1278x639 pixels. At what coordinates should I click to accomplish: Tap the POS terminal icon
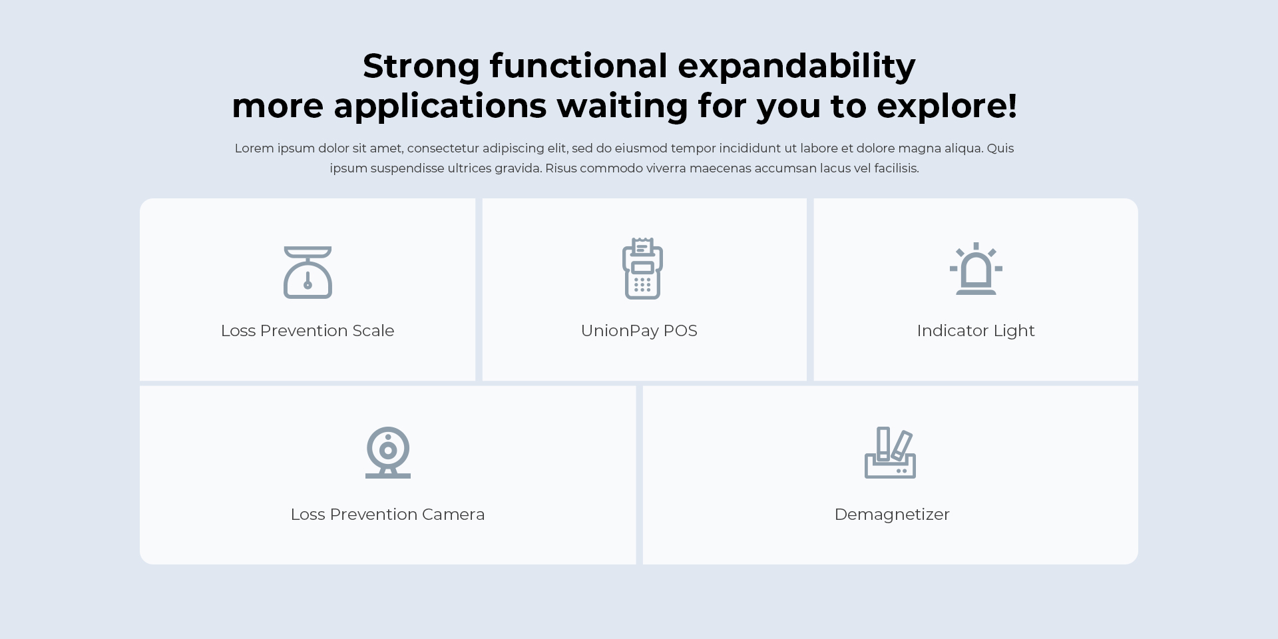point(642,268)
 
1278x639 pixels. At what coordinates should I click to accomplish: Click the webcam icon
point(388,451)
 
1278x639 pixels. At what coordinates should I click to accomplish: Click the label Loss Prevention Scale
point(308,331)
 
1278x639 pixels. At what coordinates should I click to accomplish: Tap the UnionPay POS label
point(639,331)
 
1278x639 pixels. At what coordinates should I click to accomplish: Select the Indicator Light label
point(976,331)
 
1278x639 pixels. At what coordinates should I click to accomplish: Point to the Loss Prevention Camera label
point(387,515)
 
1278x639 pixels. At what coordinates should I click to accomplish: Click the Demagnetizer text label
point(892,515)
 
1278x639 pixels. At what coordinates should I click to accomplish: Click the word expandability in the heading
point(797,67)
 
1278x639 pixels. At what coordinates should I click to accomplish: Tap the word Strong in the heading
point(421,67)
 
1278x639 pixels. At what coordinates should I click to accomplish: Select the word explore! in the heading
point(947,106)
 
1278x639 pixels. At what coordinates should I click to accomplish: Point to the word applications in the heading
point(440,106)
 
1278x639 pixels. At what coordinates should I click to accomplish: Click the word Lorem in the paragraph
point(254,148)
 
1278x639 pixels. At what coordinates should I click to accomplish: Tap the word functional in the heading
point(578,67)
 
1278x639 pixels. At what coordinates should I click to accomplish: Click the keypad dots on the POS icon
point(642,285)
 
